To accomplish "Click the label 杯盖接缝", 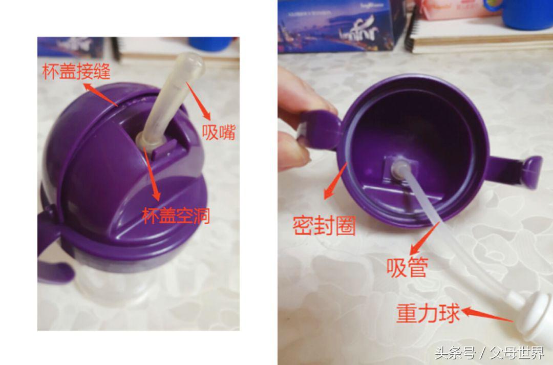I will [76, 71].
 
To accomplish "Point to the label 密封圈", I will [324, 224].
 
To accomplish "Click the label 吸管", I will [408, 267].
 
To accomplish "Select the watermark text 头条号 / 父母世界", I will [489, 353].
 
